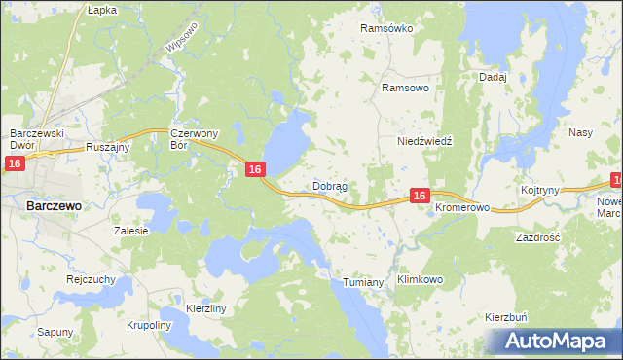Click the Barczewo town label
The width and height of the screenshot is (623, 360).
tap(53, 206)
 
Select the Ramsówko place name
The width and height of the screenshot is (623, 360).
tap(386, 28)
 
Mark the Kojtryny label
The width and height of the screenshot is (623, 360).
tap(539, 191)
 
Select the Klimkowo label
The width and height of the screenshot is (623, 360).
tap(421, 279)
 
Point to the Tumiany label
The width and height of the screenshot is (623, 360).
tap(365, 282)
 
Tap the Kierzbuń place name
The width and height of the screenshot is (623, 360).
tap(505, 318)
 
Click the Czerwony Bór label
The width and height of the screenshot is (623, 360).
tap(191, 139)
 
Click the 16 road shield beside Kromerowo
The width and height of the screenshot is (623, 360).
tap(419, 196)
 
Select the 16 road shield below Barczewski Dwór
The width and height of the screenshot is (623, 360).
tap(14, 164)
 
